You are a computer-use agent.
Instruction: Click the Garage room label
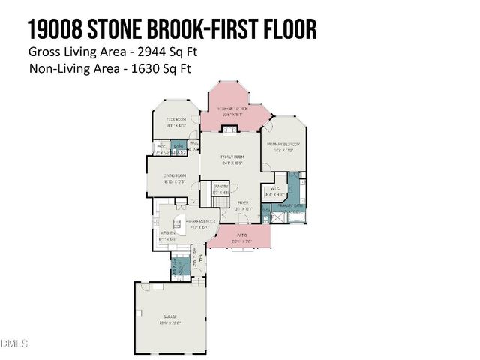click(163, 321)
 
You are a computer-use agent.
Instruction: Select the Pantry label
click(220, 186)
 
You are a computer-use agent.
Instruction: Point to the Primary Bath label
click(289, 205)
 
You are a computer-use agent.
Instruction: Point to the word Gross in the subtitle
click(43, 52)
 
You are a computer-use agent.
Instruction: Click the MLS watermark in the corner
click(14, 344)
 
